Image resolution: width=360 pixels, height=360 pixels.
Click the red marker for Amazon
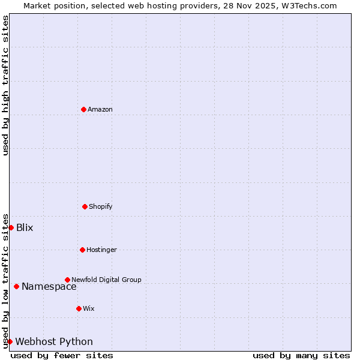tap(83, 109)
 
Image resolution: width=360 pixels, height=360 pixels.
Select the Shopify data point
tap(85, 206)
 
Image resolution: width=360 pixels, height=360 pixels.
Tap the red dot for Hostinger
tap(82, 250)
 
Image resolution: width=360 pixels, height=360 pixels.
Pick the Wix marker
tap(79, 308)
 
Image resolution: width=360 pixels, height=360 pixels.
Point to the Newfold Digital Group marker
tap(67, 280)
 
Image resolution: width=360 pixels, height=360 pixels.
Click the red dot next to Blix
tap(11, 227)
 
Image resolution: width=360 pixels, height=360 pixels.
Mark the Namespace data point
tap(16, 286)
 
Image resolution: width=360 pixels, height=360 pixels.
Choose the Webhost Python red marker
tap(10, 341)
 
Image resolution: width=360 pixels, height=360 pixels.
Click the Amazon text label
tap(100, 109)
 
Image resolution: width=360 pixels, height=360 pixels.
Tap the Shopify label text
tap(101, 206)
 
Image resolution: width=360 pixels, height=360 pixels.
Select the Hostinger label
tap(102, 250)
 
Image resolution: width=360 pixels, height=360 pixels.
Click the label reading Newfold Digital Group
tap(107, 280)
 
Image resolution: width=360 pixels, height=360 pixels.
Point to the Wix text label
tap(89, 308)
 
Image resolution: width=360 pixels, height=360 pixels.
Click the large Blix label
tap(25, 227)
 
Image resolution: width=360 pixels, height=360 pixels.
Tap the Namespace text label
tap(49, 286)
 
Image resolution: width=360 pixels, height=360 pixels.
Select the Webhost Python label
tap(54, 341)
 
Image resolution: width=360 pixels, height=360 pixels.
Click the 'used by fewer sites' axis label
tap(62, 355)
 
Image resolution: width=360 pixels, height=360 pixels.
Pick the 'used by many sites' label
tap(301, 355)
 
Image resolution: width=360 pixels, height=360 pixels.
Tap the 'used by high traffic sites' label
tap(5, 85)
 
